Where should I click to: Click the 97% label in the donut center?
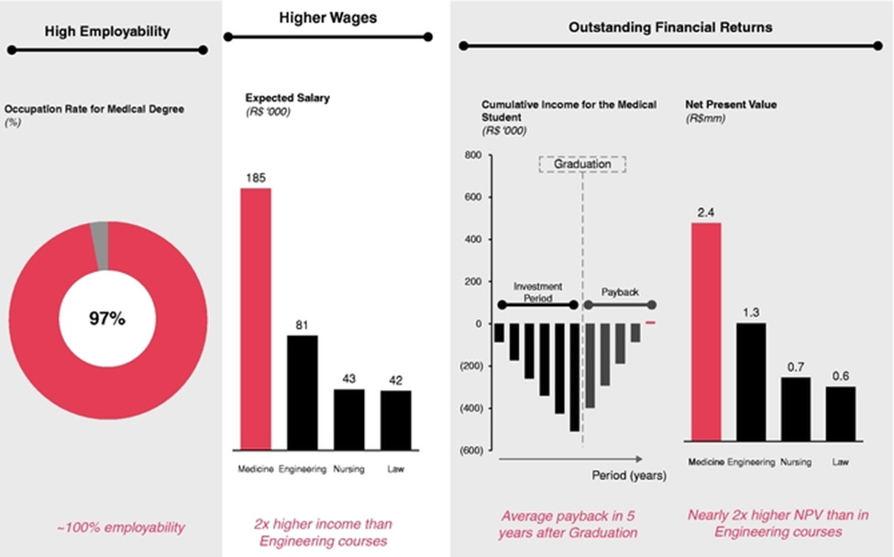[x=107, y=319]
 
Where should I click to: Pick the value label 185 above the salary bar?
[x=256, y=179]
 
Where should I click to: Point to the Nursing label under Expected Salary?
[x=349, y=469]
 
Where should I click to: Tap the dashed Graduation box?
[x=581, y=164]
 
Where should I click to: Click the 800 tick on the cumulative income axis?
[x=472, y=156]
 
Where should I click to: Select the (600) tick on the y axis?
[x=469, y=450]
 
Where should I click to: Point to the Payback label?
[x=619, y=290]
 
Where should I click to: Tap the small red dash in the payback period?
[x=652, y=323]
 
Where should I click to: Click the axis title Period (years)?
[x=628, y=475]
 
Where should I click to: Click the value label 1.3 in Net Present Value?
[x=751, y=313]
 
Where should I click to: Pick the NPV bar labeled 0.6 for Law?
[x=840, y=417]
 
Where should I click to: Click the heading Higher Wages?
[x=327, y=17]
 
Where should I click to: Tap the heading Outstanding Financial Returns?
[x=670, y=27]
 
